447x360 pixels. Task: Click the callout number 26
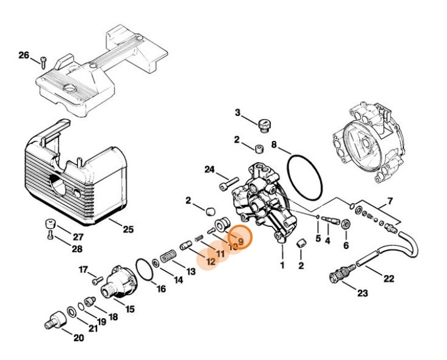[x=24, y=55]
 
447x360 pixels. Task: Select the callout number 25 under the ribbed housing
[x=128, y=229]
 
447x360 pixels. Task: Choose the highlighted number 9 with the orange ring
[x=241, y=241]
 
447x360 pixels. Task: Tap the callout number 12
[x=211, y=262]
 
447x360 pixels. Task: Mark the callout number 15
[x=129, y=308]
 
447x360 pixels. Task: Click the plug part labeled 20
[x=54, y=319]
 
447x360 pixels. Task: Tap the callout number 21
[x=92, y=328]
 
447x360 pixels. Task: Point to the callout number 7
[x=390, y=201]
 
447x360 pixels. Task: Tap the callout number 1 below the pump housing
[x=281, y=265]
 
